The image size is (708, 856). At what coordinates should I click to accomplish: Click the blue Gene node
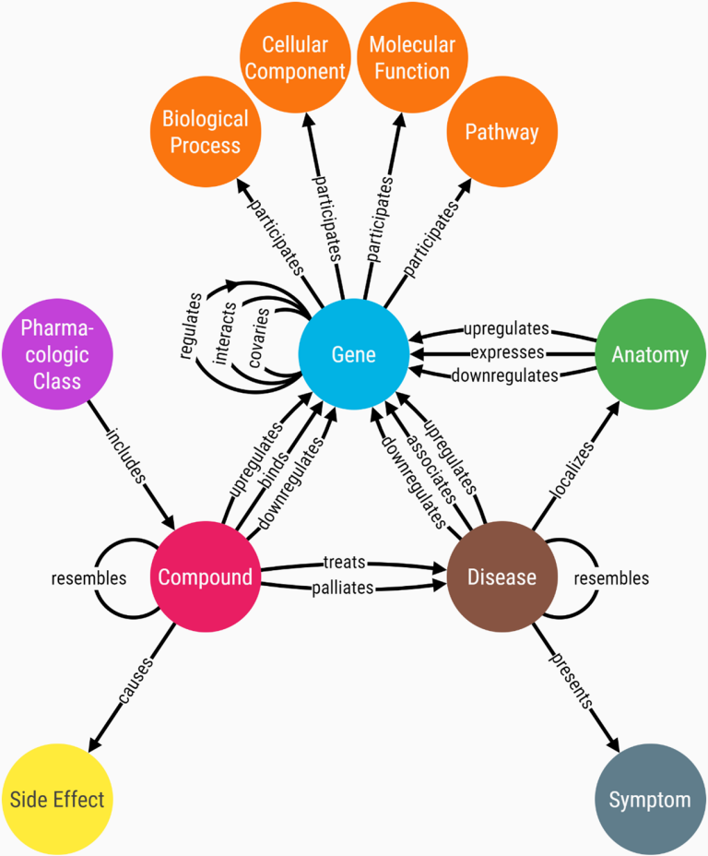(x=354, y=355)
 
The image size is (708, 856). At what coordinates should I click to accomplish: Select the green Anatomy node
(x=650, y=355)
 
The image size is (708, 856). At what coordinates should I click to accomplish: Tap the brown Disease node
(x=501, y=577)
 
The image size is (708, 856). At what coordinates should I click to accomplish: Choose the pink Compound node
(x=205, y=577)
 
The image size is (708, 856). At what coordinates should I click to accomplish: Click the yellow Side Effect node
(x=57, y=799)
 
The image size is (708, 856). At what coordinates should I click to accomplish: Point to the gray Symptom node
(x=650, y=799)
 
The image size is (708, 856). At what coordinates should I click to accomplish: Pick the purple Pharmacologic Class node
(x=57, y=355)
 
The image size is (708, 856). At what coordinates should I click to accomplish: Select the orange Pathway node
(x=501, y=132)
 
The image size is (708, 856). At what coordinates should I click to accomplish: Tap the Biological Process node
(x=205, y=132)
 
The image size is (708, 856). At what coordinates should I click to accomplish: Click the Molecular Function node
(x=410, y=58)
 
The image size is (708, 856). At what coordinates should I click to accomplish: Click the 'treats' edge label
(x=345, y=561)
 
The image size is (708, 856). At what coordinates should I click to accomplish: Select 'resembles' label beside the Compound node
(x=88, y=578)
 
